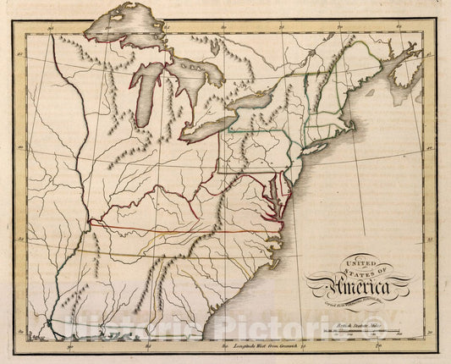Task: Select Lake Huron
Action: point(199,85)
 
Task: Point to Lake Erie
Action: point(216,126)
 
